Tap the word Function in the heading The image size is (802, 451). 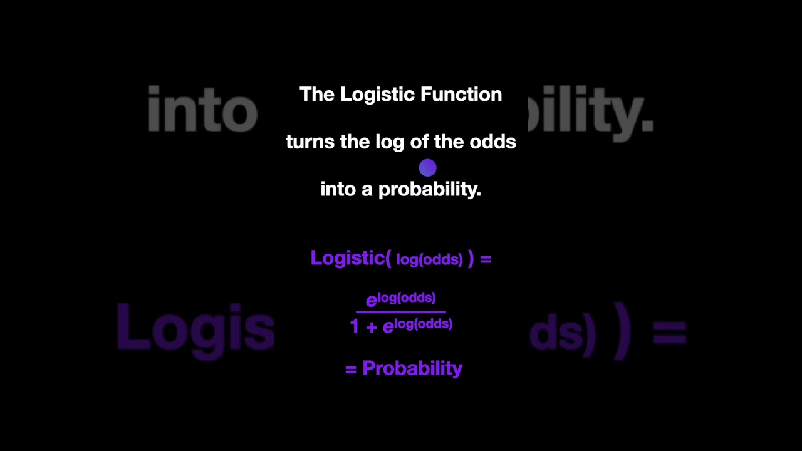click(x=461, y=95)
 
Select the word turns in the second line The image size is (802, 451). click(x=310, y=142)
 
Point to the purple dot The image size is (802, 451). click(x=427, y=167)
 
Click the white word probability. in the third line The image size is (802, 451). click(x=430, y=190)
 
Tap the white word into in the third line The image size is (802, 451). click(x=338, y=189)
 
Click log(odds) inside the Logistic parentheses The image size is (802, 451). click(x=429, y=259)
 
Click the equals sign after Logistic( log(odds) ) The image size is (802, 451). click(x=486, y=259)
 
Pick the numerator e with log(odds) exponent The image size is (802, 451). click(x=401, y=299)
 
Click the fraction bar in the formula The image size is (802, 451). click(x=401, y=311)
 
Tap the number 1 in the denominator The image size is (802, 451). click(x=355, y=326)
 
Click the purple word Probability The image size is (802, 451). click(x=412, y=368)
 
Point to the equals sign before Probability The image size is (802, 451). click(x=351, y=370)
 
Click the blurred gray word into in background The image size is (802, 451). click(x=202, y=110)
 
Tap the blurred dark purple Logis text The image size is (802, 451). click(x=195, y=328)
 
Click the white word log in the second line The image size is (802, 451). click(x=390, y=143)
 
